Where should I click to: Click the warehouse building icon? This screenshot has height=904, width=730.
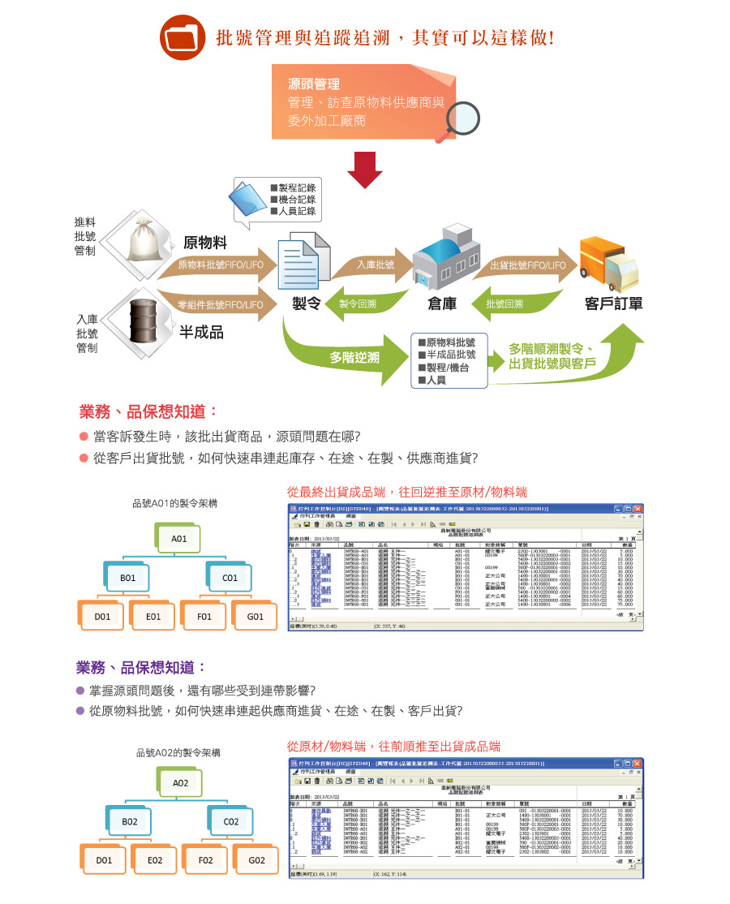(x=443, y=260)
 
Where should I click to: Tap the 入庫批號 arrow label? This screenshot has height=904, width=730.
(x=375, y=265)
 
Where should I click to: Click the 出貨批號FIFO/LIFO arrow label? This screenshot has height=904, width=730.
(x=528, y=265)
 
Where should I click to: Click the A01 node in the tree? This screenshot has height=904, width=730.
(x=179, y=539)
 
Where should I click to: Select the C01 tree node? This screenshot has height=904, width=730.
(x=230, y=578)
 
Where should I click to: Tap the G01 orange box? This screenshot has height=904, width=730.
(x=255, y=617)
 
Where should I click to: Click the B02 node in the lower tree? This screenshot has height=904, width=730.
(x=130, y=822)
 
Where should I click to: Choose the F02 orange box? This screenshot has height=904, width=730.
(x=206, y=860)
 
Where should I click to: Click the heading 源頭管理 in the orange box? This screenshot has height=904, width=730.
(x=314, y=84)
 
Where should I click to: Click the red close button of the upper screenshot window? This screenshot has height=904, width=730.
(x=638, y=508)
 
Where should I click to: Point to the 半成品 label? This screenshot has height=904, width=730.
(x=202, y=333)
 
